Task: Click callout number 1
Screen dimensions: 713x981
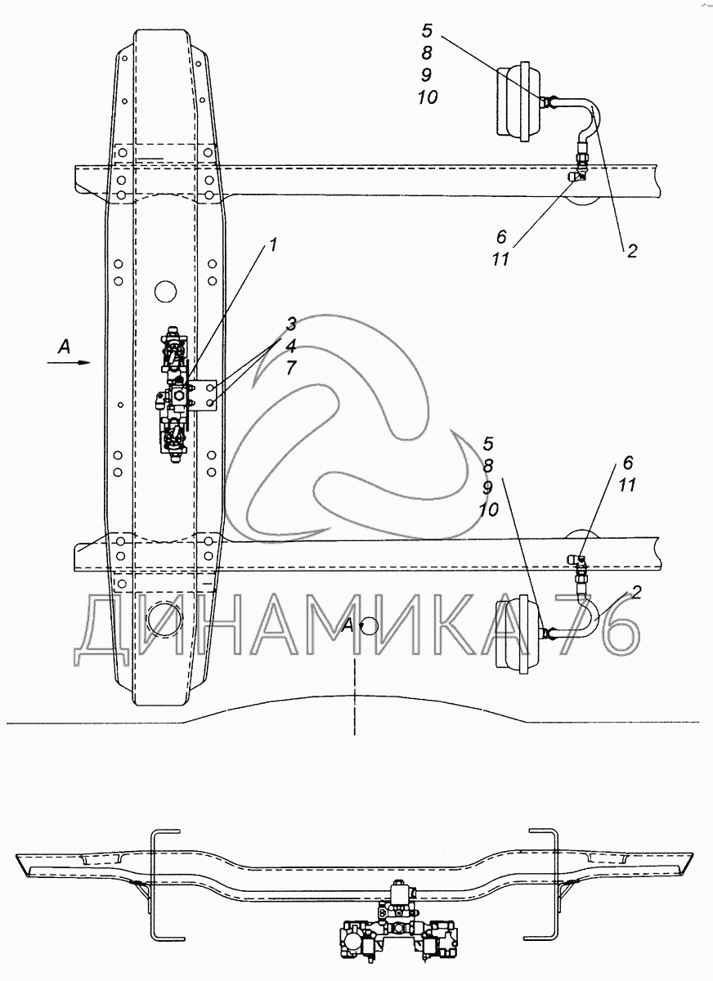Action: pyautogui.click(x=273, y=245)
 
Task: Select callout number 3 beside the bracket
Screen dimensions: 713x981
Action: pyautogui.click(x=291, y=325)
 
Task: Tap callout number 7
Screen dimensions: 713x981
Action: pyautogui.click(x=291, y=367)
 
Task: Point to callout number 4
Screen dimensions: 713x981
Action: pyautogui.click(x=291, y=346)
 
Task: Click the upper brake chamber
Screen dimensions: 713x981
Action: pyautogui.click(x=519, y=101)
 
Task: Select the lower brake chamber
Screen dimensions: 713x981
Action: pyautogui.click(x=518, y=632)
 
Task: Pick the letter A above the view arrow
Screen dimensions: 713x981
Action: pyautogui.click(x=65, y=347)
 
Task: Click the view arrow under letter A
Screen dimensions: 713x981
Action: pyautogui.click(x=69, y=363)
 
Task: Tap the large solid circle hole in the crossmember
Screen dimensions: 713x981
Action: pyautogui.click(x=165, y=291)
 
